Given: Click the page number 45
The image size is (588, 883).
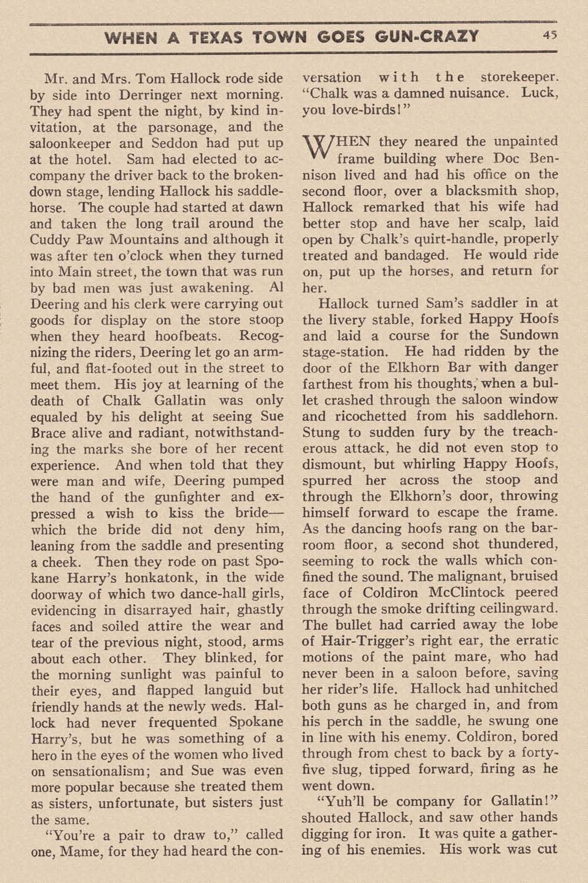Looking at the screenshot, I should coord(550,35).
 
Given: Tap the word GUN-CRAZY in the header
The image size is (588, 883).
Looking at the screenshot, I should coord(429,37).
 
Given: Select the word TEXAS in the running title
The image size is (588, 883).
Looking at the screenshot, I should coord(216,37).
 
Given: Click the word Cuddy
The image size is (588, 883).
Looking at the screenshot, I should coord(51,240).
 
